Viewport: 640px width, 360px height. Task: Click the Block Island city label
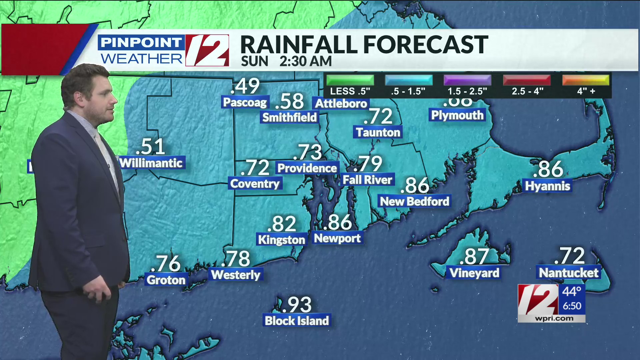297,321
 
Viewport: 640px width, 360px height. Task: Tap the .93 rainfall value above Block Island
297,305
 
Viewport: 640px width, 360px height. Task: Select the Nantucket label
569,273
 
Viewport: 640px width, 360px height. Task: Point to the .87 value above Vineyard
474,257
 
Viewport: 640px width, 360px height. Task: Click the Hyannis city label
547,186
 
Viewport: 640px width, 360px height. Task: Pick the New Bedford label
414,201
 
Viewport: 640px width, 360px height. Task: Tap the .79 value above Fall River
368,164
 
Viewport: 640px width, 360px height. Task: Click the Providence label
307,168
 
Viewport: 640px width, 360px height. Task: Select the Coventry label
255,183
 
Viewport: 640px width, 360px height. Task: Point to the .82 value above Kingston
282,224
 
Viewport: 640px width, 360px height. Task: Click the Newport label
337,238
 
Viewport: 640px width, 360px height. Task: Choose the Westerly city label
236,275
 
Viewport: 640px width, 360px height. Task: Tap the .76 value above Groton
166,263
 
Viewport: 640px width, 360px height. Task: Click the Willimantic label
151,163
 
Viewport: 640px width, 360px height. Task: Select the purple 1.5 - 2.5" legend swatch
467,80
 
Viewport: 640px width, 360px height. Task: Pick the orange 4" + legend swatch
586,80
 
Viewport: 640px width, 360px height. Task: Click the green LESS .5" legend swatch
350,80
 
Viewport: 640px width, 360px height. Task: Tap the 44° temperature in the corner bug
572,292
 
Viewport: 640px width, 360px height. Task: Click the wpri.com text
554,318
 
